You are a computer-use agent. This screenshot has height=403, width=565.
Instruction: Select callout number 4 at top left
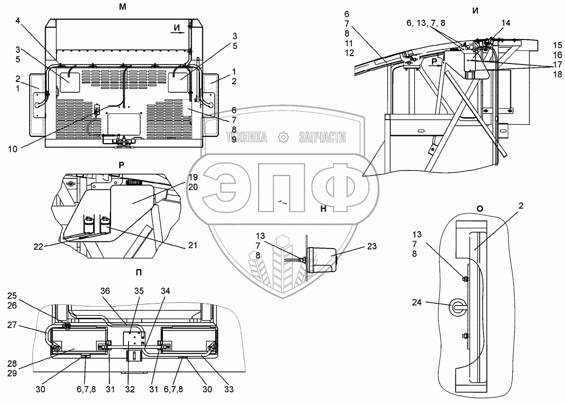(17, 21)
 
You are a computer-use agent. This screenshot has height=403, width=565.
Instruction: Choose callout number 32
(130, 389)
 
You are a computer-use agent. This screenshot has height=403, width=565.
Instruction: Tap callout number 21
(192, 245)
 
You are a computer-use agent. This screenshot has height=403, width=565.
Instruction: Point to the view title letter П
(138, 272)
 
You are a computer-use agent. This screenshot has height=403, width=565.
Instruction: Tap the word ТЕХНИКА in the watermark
(247, 137)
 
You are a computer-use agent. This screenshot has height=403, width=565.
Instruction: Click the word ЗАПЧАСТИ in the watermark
(322, 137)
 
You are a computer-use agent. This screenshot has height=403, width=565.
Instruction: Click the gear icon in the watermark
(283, 137)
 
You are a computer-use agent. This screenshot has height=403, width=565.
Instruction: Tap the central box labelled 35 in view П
(133, 340)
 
